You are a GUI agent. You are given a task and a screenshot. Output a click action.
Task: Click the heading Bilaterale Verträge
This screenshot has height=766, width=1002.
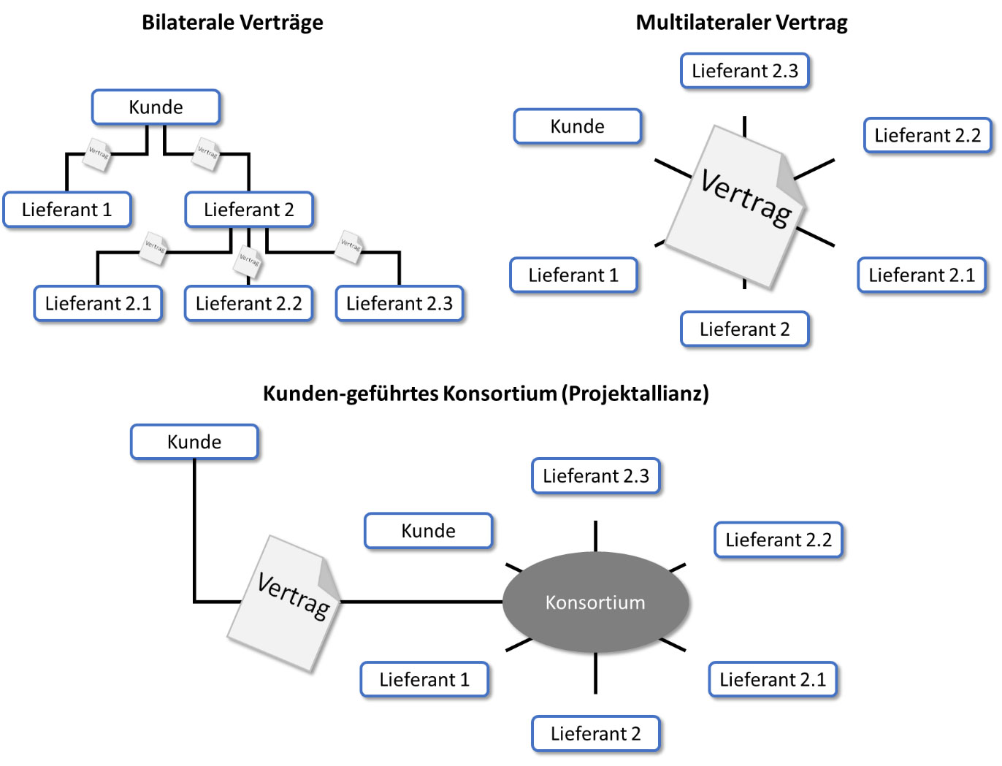click(x=232, y=23)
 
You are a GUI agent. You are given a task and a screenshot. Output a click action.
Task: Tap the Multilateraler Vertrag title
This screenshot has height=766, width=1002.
click(x=741, y=23)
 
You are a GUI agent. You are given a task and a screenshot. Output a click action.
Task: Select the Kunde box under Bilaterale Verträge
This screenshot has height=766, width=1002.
click(x=156, y=107)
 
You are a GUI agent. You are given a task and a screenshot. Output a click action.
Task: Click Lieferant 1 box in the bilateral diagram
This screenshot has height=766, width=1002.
click(x=67, y=210)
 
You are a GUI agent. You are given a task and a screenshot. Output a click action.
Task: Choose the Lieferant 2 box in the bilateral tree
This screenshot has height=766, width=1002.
click(x=249, y=210)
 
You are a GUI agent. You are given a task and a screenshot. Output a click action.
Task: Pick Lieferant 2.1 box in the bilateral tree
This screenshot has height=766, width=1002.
click(x=98, y=304)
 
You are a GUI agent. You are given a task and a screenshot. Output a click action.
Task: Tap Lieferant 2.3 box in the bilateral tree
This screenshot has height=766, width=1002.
click(x=399, y=304)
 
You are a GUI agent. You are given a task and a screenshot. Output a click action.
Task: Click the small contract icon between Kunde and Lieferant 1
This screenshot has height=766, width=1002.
click(x=97, y=154)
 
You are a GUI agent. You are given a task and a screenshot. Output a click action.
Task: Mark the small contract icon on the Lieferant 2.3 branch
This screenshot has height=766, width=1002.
click(x=351, y=246)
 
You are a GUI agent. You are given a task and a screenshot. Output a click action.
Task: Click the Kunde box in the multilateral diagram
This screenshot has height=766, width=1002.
click(x=578, y=127)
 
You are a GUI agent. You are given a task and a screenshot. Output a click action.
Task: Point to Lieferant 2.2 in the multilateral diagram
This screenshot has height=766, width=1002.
click(x=928, y=136)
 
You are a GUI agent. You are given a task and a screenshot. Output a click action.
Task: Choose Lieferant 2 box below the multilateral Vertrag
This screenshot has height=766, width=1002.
click(x=745, y=329)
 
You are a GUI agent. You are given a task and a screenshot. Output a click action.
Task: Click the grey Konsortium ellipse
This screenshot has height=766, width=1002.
click(x=596, y=602)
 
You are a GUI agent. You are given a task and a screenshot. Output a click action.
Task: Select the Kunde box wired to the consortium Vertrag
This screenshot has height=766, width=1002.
click(x=194, y=443)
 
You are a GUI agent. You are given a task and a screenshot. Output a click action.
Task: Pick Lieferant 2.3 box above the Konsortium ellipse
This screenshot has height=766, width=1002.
click(x=596, y=476)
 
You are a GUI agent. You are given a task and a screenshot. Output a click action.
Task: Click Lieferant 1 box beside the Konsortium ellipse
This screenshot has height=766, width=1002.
click(x=424, y=680)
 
